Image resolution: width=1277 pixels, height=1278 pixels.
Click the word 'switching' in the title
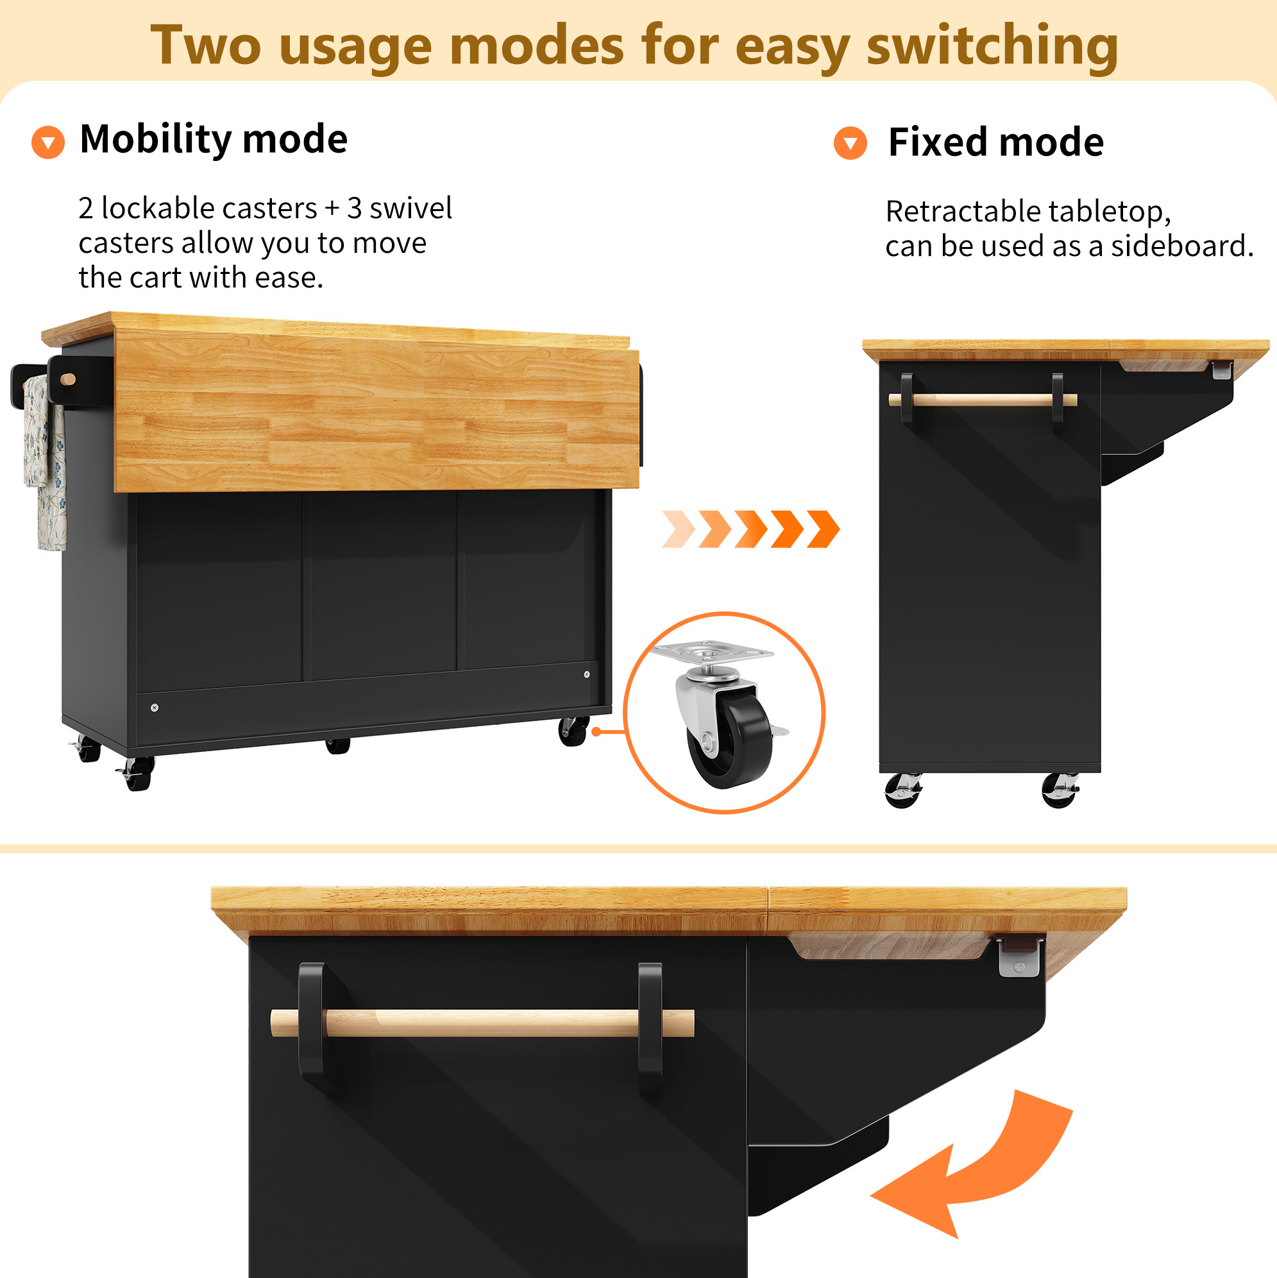[992, 46]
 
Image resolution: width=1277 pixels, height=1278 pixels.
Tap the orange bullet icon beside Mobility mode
[48, 142]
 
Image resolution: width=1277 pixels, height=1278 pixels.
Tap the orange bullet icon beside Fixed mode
[850, 143]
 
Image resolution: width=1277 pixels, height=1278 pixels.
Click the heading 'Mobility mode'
[214, 140]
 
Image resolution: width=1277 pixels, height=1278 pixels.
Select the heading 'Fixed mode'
[996, 142]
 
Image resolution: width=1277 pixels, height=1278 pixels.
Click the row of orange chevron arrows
[750, 529]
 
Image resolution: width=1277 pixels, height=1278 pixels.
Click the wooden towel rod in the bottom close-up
[483, 1023]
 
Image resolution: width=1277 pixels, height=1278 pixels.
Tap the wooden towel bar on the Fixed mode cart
[983, 400]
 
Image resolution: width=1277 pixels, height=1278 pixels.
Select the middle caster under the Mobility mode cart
[337, 746]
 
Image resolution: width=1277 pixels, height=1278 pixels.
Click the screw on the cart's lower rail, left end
[155, 708]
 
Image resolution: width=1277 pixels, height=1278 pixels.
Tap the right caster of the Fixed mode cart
[1060, 790]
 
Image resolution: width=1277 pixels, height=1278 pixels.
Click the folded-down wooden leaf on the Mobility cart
[377, 410]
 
